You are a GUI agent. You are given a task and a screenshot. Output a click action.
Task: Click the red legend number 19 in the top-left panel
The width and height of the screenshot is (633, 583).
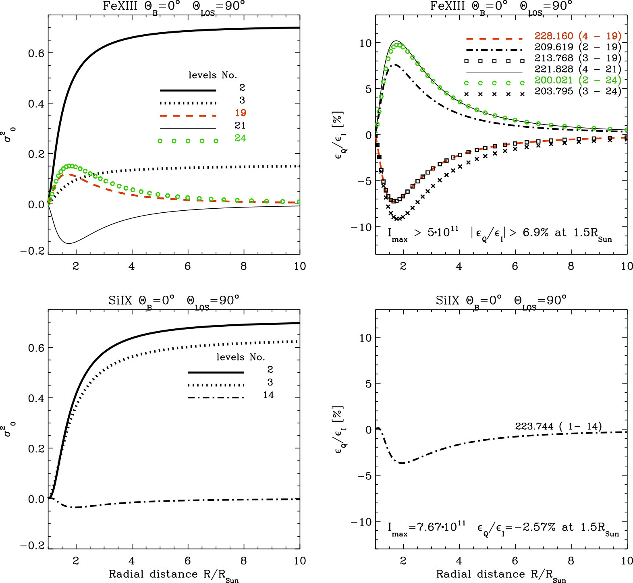tap(240, 113)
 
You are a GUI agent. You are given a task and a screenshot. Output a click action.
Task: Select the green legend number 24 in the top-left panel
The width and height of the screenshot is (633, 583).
tap(240, 138)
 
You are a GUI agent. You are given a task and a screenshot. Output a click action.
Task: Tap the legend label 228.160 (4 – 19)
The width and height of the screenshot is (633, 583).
tap(577, 36)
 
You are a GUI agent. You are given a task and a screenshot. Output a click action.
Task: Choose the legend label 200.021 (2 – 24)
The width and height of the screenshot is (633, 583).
tap(577, 80)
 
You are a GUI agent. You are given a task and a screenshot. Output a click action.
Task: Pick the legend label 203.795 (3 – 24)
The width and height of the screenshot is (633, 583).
tap(577, 91)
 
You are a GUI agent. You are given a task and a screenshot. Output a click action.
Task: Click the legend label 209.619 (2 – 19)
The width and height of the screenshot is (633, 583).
tap(577, 47)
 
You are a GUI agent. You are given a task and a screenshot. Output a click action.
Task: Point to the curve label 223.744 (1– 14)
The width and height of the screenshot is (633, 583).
tap(558, 426)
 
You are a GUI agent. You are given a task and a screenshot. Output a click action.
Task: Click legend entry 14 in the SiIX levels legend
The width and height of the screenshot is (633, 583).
tap(268, 395)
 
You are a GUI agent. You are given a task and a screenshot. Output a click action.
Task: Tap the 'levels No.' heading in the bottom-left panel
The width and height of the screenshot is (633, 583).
tap(241, 357)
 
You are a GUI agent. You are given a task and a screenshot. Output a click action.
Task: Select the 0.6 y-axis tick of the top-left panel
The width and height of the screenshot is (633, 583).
tap(36, 53)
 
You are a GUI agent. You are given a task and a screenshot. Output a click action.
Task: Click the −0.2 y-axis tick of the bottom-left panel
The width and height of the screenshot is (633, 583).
tap(32, 546)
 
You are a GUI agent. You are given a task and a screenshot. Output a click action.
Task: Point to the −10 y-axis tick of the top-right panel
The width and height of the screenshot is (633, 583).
tap(361, 227)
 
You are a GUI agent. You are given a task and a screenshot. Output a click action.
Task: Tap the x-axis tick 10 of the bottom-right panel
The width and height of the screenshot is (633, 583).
tap(627, 561)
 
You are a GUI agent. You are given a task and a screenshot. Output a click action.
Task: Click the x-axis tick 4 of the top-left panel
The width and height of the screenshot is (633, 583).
tap(132, 266)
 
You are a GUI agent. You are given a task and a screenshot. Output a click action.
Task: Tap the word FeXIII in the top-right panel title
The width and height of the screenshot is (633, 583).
tap(447, 6)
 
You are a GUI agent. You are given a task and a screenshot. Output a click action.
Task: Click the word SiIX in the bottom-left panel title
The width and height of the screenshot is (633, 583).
tap(120, 301)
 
